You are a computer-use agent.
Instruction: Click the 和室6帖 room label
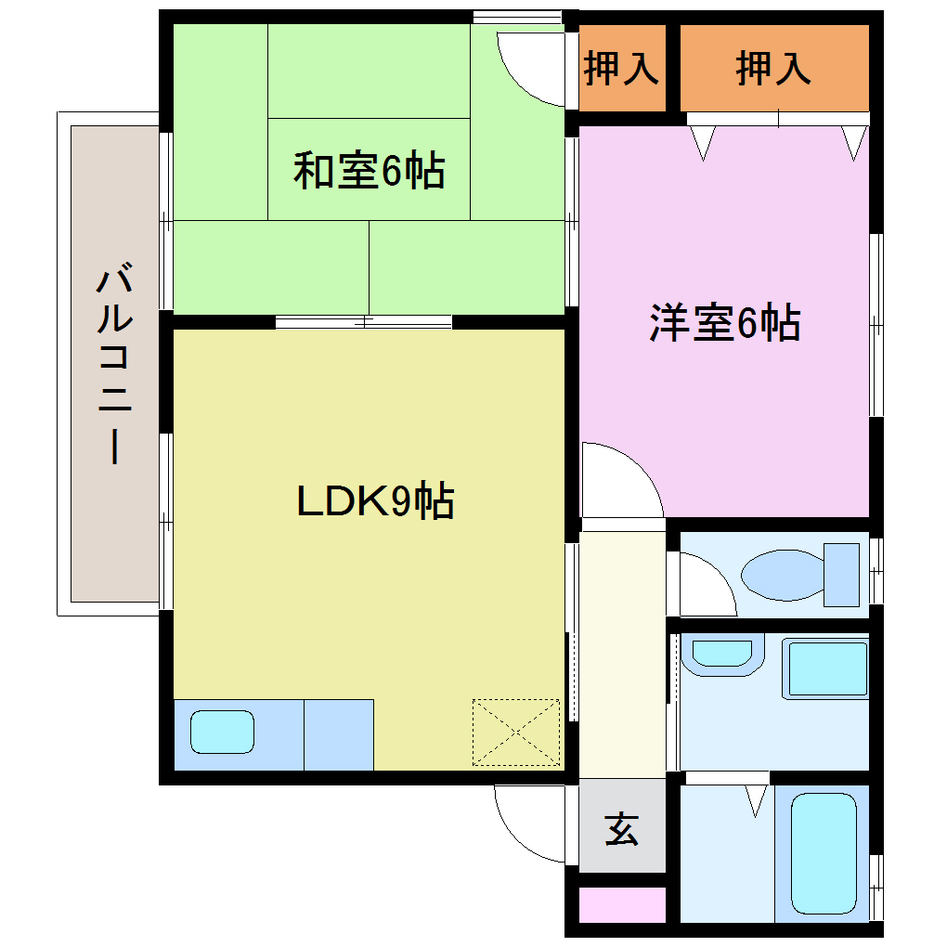coord(369,172)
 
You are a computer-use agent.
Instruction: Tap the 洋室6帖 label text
coord(724,323)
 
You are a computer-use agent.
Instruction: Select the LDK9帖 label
coord(375,501)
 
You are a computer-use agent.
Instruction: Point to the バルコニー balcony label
coord(114,364)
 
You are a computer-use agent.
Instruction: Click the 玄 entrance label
coord(621,828)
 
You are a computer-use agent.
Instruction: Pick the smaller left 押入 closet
coord(621,70)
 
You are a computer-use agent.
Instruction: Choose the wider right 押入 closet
coord(773,70)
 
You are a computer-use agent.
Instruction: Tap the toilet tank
coord(842,575)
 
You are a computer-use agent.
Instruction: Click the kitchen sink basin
coord(222,732)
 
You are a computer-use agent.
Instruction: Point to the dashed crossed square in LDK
coord(515,733)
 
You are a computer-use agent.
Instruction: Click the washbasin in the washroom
coord(721,654)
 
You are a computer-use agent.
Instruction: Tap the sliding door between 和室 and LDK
coord(364,322)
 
